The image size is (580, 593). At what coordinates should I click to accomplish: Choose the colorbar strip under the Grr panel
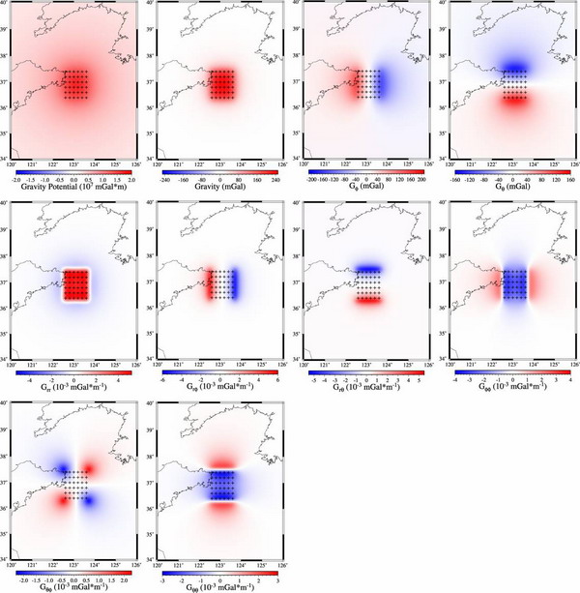(72, 371)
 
